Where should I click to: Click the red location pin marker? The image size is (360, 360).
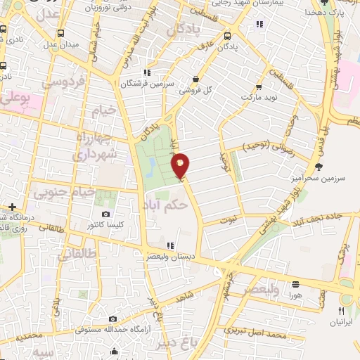pyautogui.click(x=181, y=165)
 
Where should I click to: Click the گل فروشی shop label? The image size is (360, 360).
pyautogui.click(x=198, y=91)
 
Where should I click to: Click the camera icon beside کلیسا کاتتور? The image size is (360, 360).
pyautogui.click(x=106, y=214)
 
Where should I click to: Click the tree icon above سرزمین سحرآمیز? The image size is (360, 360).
pyautogui.click(x=320, y=167)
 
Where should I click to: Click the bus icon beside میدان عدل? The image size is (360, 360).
pyautogui.click(x=61, y=32)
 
